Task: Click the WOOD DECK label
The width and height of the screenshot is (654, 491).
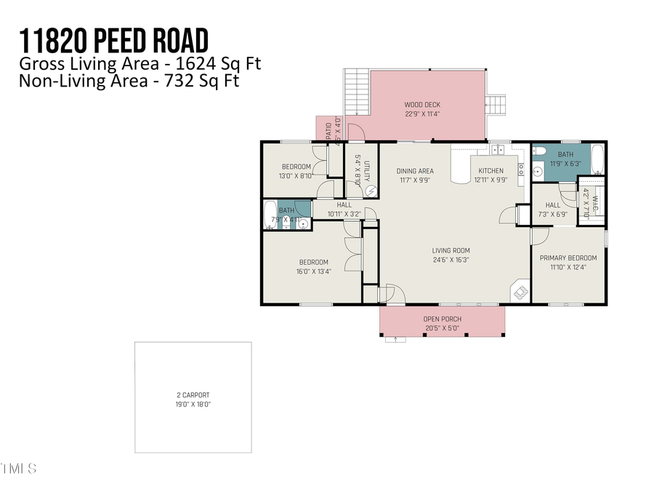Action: point(422,105)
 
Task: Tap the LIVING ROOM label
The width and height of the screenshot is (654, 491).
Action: point(450,251)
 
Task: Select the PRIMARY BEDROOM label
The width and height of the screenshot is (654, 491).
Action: point(568,258)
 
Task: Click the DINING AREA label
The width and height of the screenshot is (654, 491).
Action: point(415,171)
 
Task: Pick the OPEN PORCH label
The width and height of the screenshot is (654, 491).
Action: point(443,319)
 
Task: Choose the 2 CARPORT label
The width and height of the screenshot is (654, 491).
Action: point(193,395)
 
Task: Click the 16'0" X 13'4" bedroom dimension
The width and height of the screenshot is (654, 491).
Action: point(313,271)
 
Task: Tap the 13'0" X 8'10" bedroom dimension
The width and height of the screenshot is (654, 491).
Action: point(296,175)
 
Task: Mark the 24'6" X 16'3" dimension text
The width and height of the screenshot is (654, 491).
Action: point(450,260)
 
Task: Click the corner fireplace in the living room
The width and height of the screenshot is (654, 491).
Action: point(521,292)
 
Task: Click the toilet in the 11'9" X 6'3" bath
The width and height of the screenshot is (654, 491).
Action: point(538,153)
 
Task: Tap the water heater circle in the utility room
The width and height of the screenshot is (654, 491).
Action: point(371,191)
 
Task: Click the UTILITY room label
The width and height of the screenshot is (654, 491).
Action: point(368,172)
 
